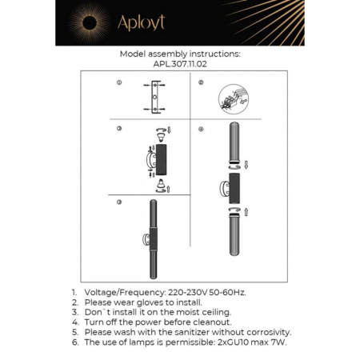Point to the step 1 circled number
tap(119, 83)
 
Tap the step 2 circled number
tap(202, 83)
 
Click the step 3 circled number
tap(119, 129)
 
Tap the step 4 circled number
tap(202, 129)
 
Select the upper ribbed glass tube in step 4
tap(234, 143)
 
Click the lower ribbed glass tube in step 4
tap(234, 247)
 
